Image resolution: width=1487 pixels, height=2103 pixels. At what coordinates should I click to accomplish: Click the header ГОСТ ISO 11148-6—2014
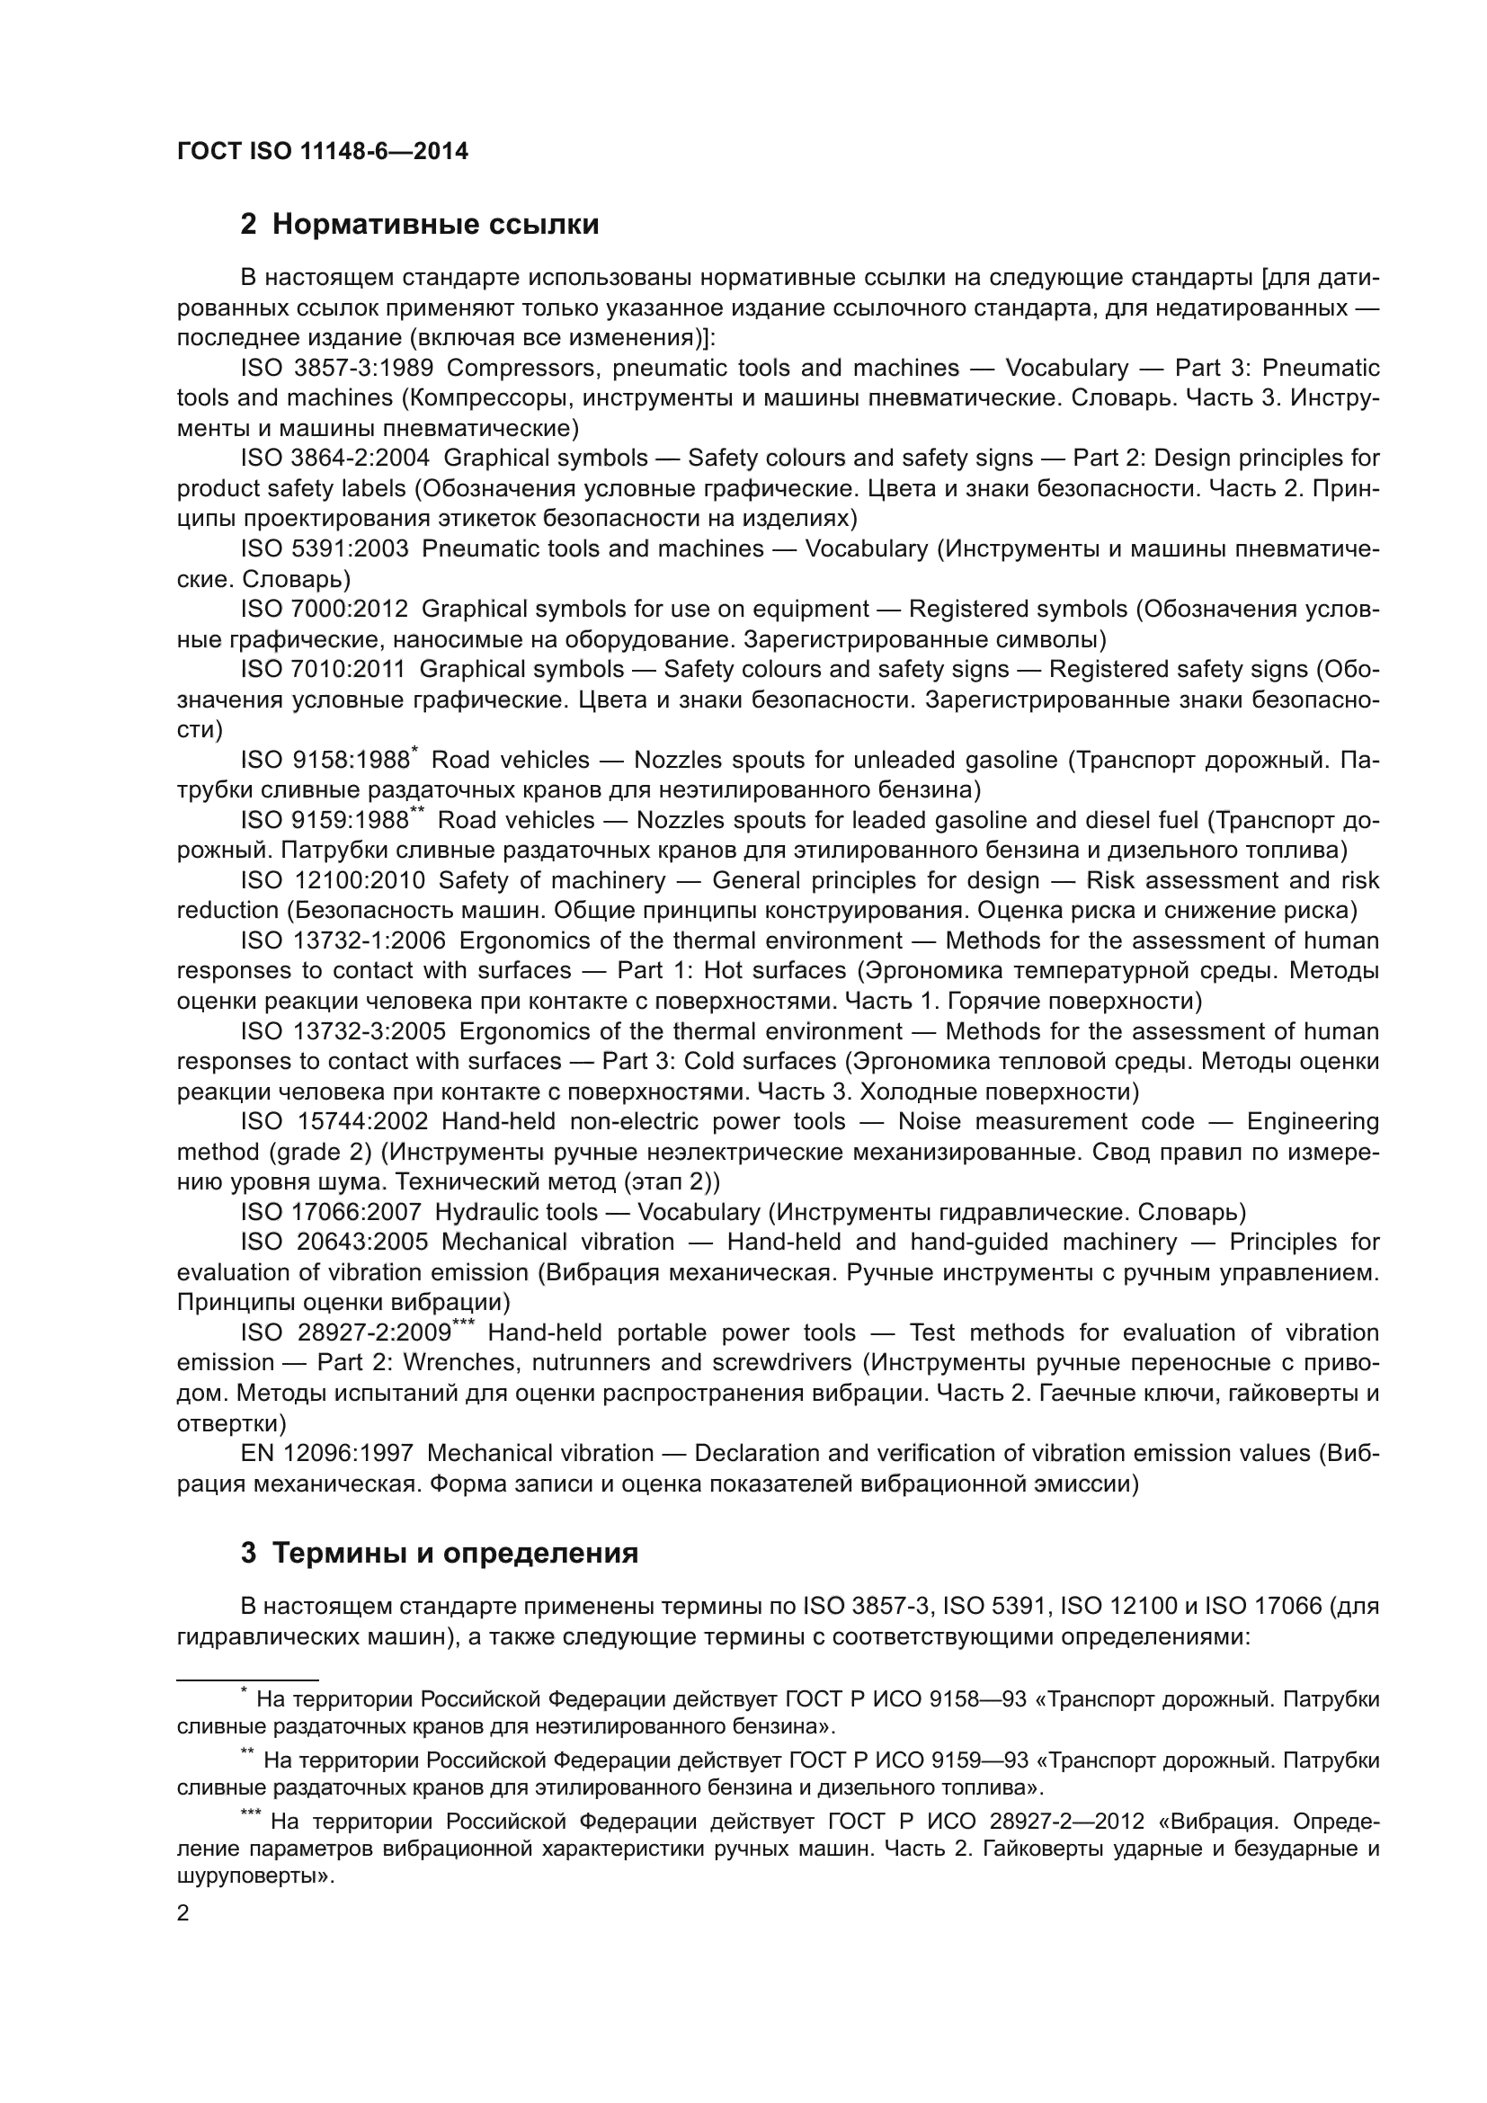[323, 152]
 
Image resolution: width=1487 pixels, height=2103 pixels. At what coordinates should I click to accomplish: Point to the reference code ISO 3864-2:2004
[335, 458]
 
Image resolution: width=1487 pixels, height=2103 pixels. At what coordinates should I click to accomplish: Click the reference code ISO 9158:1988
[325, 761]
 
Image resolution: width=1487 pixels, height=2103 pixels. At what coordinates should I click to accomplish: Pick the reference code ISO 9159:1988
[325, 821]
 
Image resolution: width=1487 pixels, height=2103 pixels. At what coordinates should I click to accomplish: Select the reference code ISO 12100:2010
[334, 881]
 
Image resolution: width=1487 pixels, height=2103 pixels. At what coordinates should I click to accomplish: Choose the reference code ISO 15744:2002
[334, 1122]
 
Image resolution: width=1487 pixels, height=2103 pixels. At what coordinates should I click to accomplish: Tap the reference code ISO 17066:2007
[331, 1213]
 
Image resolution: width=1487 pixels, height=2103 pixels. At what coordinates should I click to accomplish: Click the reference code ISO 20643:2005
[334, 1243]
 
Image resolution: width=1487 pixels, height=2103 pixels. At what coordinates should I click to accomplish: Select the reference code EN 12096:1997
[327, 1454]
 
